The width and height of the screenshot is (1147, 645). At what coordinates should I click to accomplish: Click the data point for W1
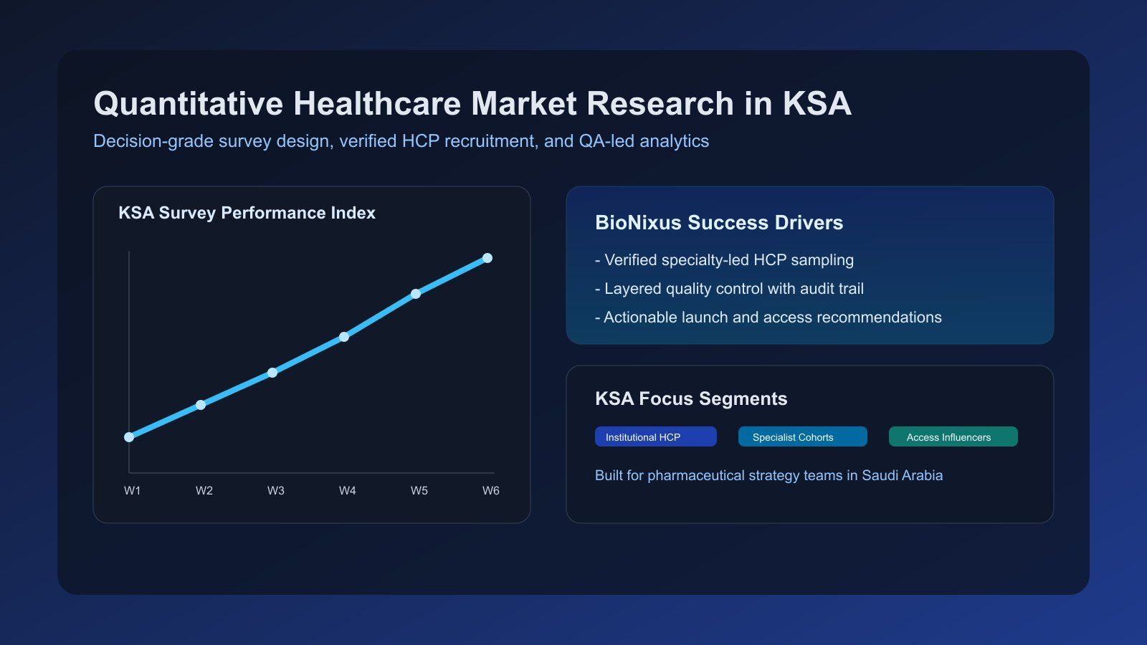129,437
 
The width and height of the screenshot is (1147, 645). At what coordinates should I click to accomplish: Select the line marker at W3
272,373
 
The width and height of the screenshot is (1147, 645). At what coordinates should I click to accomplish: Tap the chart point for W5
416,294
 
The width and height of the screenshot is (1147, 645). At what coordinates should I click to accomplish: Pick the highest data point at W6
487,258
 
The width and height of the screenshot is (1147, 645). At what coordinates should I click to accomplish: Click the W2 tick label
204,491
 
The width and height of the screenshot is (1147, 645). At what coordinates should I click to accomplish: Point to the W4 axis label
347,491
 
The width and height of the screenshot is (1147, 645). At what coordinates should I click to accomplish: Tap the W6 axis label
490,491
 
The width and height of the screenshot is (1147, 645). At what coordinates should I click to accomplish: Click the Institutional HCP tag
655,437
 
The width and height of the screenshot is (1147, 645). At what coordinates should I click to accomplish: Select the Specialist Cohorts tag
802,437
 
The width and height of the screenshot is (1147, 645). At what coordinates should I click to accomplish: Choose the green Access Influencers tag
953,437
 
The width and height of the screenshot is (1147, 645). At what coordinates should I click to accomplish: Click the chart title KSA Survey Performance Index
247,213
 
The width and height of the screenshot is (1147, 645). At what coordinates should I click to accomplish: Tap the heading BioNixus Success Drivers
718,223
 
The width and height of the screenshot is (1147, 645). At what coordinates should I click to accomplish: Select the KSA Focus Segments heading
691,399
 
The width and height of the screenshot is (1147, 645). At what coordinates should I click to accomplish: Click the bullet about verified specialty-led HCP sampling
724,260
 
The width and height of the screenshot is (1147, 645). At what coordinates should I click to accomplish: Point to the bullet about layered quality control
729,289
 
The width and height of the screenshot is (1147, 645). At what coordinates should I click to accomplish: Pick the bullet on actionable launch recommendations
768,317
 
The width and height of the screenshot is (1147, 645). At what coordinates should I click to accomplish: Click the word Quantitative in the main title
188,104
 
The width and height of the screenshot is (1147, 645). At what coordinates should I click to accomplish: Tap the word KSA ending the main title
817,104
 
